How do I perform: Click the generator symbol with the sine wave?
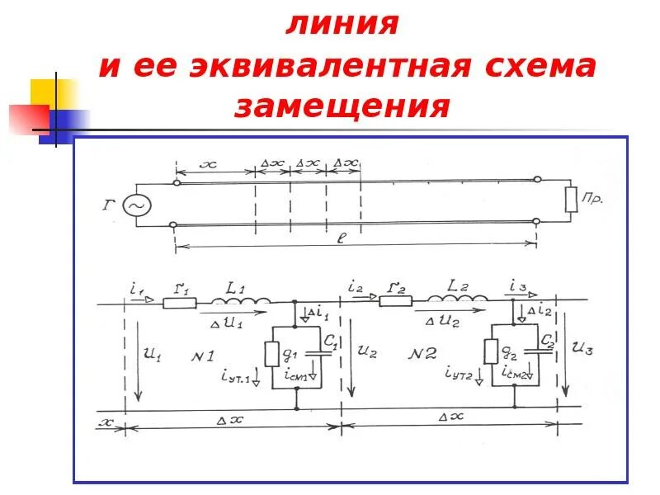pos(137,204)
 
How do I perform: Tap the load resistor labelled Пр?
pos(570,200)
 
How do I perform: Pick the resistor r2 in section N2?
pos(395,301)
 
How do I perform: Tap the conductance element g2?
pos(490,352)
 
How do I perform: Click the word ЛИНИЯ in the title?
pos(342,24)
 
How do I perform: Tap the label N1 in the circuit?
pos(202,356)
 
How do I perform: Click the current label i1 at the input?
pos(136,288)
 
